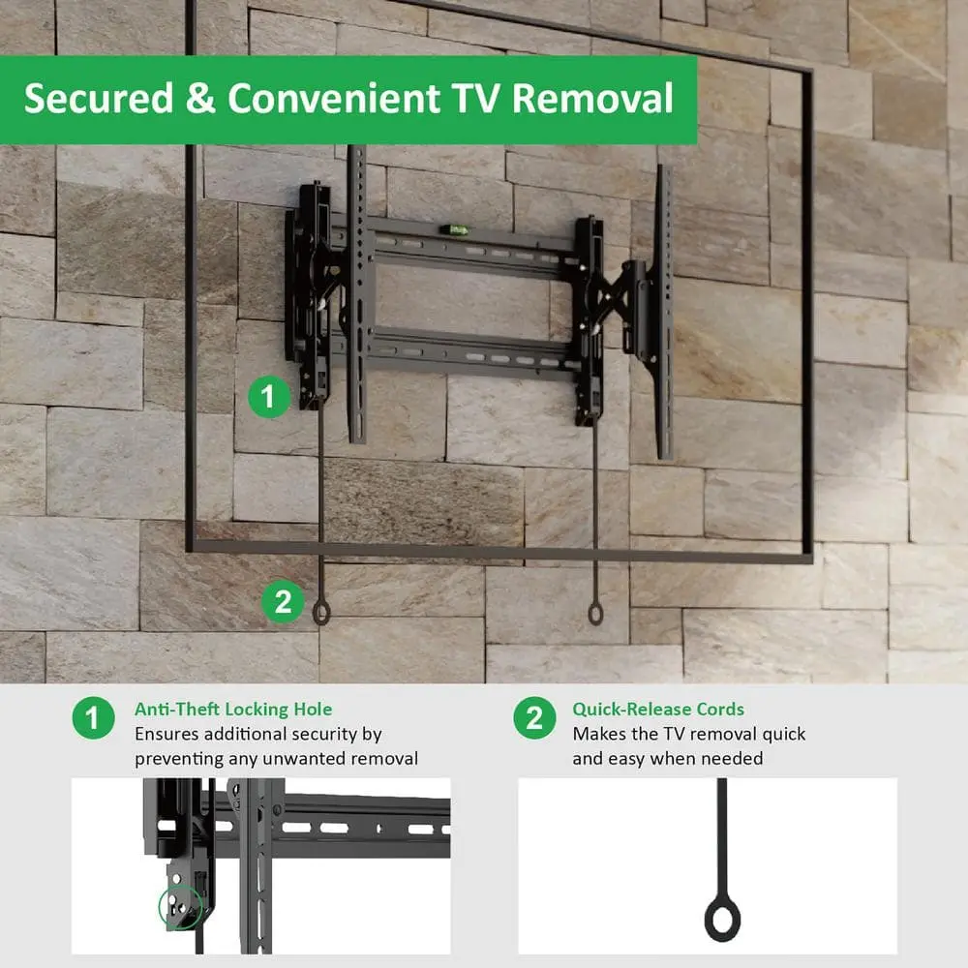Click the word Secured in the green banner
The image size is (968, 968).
click(x=99, y=98)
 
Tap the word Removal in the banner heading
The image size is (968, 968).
click(x=592, y=98)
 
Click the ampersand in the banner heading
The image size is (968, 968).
click(x=200, y=98)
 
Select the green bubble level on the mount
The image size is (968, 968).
click(x=458, y=230)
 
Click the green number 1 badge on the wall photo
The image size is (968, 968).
click(x=269, y=397)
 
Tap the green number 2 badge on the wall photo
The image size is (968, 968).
click(x=283, y=602)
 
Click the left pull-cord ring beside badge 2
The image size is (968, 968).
click(x=321, y=613)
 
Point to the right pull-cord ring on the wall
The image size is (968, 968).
click(x=595, y=614)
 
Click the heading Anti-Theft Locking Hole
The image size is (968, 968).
click(x=233, y=710)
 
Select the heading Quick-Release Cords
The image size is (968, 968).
click(x=658, y=710)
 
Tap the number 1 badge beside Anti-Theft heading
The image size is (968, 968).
click(x=93, y=718)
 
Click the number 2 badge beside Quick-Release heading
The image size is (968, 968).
click(x=534, y=718)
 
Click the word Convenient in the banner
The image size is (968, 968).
click(x=334, y=98)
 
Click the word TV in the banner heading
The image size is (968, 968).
click(x=476, y=98)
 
